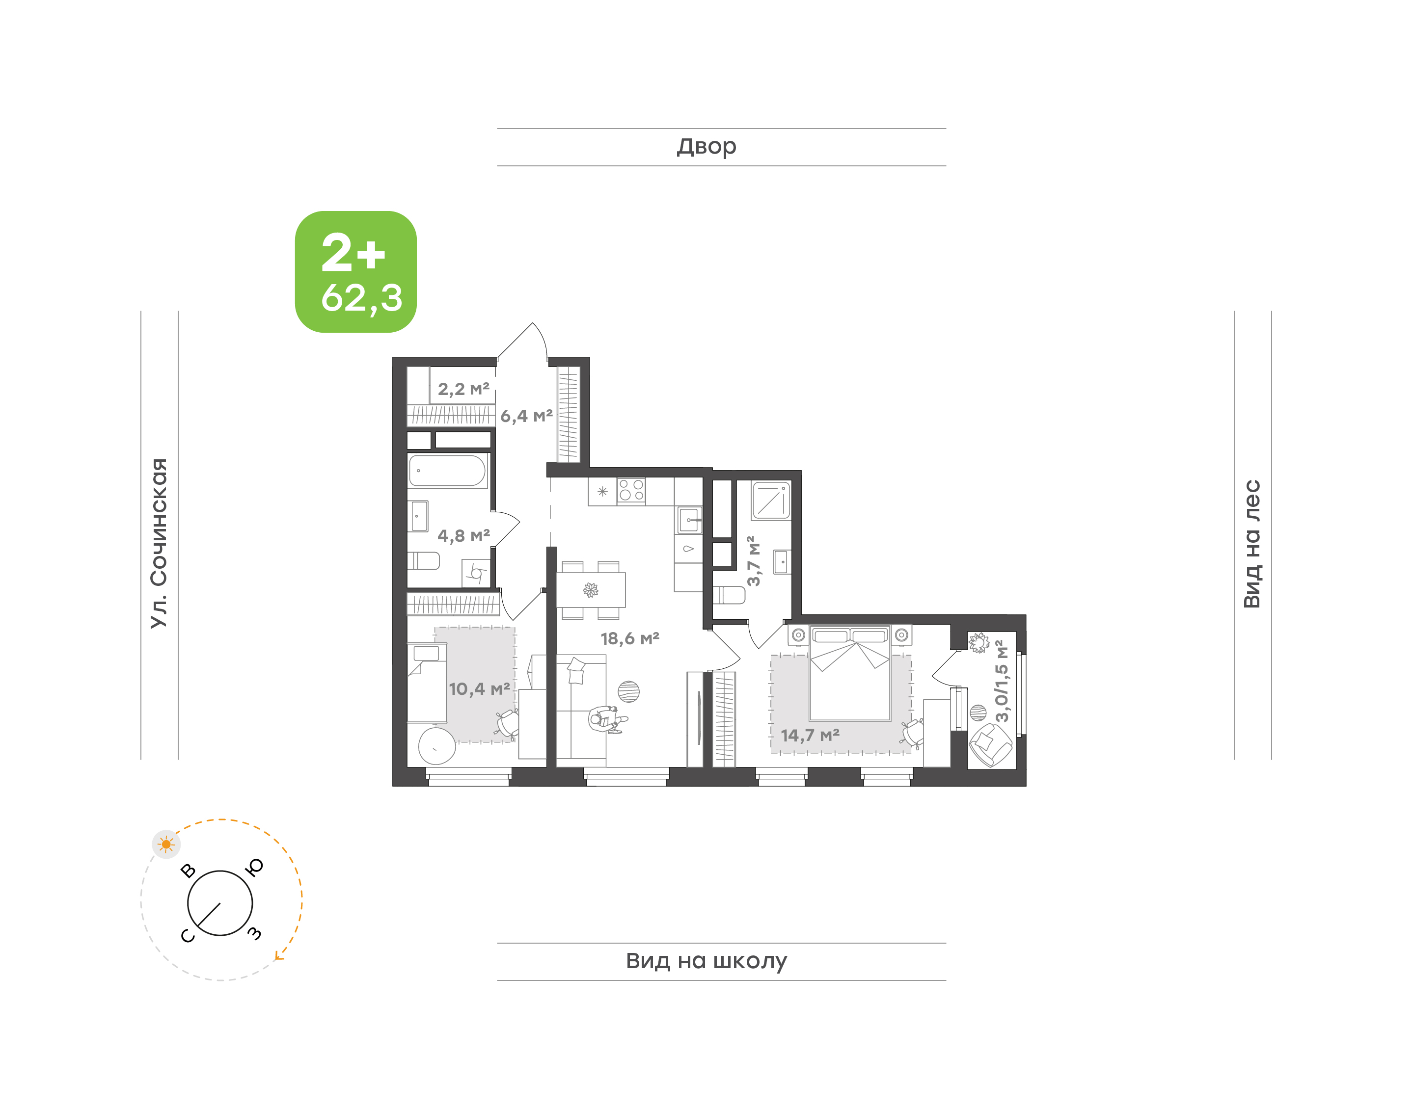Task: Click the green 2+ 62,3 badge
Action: coord(355,271)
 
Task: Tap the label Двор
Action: coord(706,147)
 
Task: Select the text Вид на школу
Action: coord(706,960)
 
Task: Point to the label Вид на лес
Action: coord(1251,544)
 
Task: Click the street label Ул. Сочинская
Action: coord(159,543)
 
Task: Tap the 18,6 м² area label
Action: coord(629,638)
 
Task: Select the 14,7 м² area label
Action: coord(810,735)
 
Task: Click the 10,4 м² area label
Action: coord(479,688)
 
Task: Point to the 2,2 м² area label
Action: coord(463,389)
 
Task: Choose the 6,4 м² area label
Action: coord(526,416)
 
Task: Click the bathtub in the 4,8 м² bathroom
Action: coord(447,471)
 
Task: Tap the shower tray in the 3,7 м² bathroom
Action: coord(771,501)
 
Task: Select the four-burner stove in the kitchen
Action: coord(631,491)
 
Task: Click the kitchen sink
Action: coord(688,520)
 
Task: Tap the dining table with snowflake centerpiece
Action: coord(591,589)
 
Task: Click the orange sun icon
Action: coord(166,844)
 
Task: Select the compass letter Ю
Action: coord(255,868)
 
